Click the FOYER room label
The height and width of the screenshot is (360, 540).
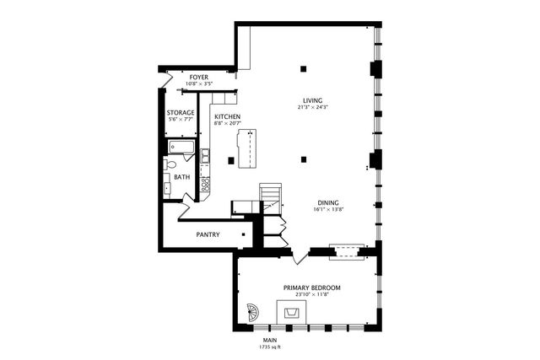[x=199, y=77]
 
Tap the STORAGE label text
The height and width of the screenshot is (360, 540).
[x=181, y=112]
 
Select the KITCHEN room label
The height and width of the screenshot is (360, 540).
[x=228, y=116]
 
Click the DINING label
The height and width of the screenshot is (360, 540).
[x=329, y=202]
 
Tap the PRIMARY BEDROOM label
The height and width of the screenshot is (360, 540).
[x=311, y=287]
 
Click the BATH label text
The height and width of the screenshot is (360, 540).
[x=181, y=177]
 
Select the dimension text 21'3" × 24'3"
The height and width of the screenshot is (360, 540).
[x=311, y=108]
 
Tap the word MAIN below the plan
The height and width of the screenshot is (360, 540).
[x=270, y=340]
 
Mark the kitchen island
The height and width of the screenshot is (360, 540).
[x=247, y=148]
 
